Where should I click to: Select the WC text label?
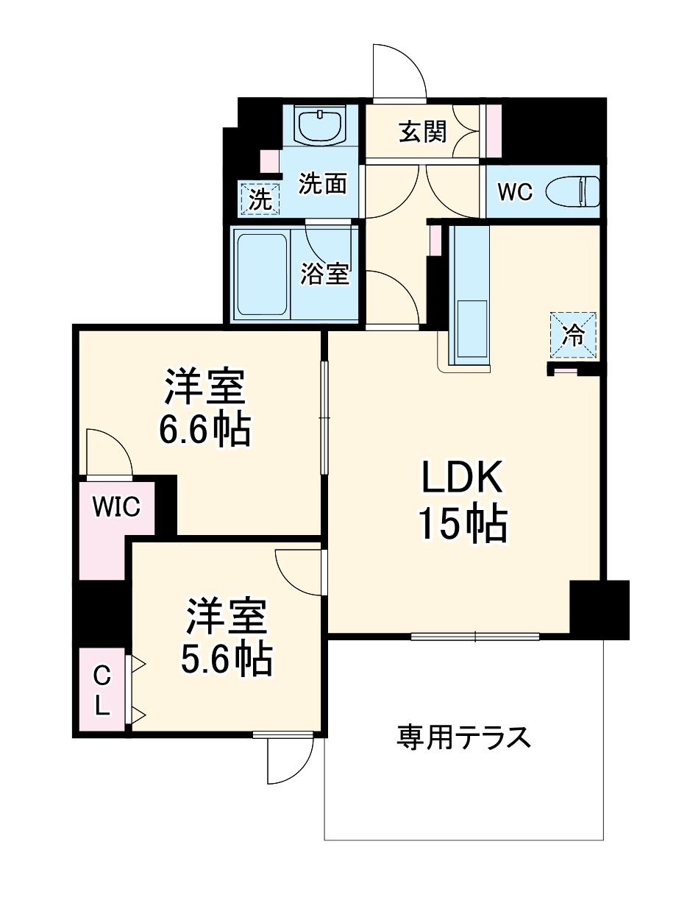point(514,193)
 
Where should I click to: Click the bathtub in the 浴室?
point(260,272)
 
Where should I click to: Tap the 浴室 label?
point(324,275)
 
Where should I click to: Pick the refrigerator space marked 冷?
point(573,335)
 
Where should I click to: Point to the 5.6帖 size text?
point(226,659)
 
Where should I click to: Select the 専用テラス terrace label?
point(463,737)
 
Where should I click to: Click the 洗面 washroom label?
point(322,184)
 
